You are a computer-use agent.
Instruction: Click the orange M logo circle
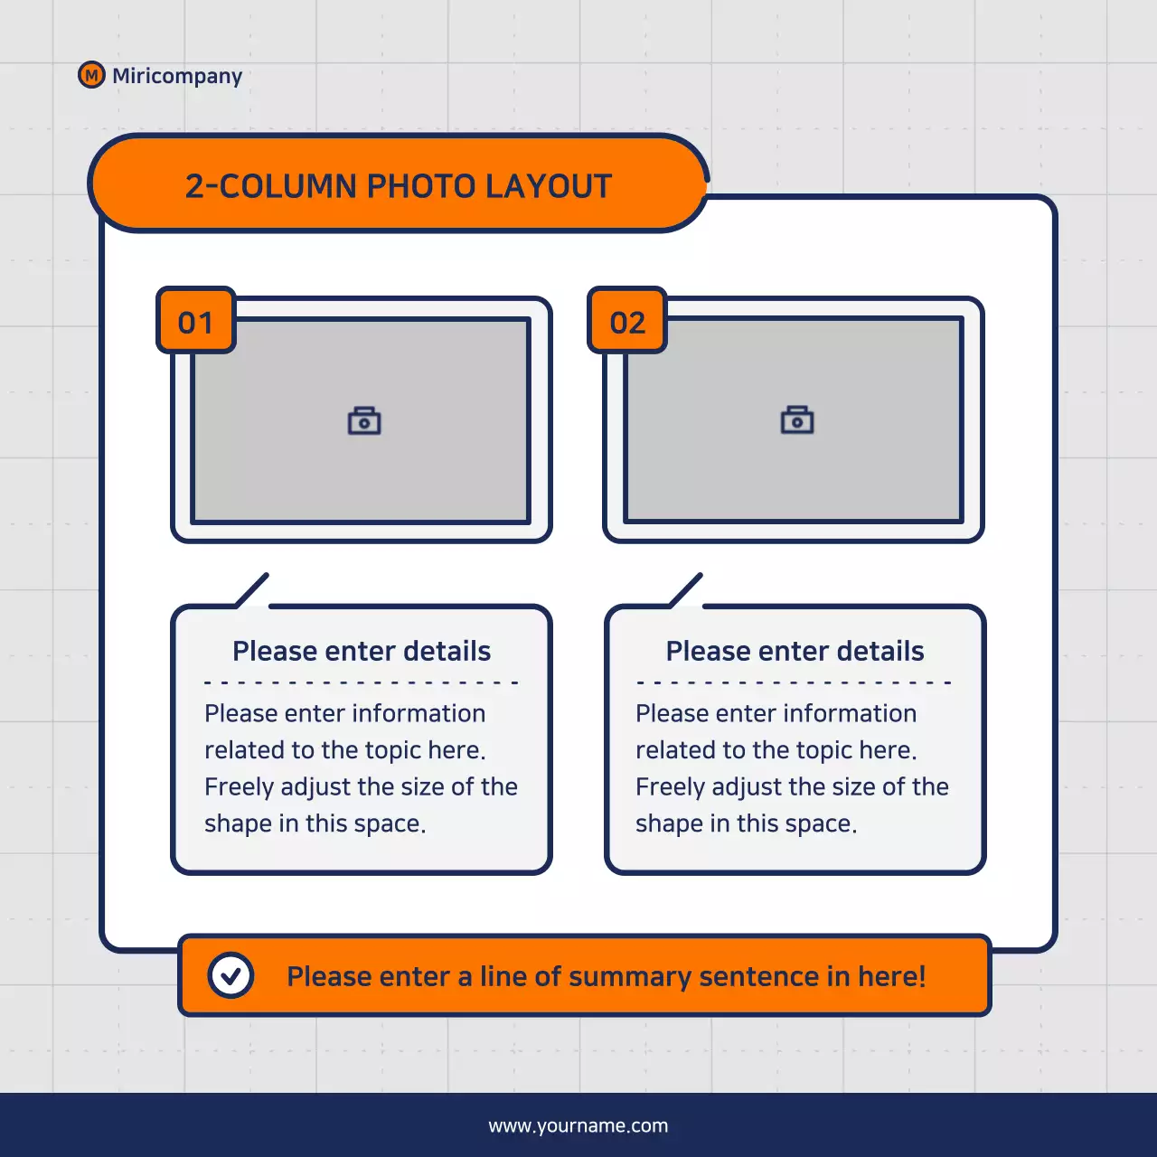(91, 75)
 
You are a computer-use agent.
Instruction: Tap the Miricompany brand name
(177, 76)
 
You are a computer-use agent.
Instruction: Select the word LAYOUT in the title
(549, 186)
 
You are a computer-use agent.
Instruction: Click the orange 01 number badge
(196, 321)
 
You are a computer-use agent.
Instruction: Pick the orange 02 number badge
(627, 321)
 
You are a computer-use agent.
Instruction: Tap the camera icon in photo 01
(364, 421)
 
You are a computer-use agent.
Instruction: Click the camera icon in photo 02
(797, 420)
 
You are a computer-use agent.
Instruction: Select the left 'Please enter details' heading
(362, 651)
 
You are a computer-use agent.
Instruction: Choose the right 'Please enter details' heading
(795, 651)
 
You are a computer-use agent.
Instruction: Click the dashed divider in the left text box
(362, 682)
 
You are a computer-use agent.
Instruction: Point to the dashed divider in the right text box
(795, 682)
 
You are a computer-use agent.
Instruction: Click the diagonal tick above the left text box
(252, 589)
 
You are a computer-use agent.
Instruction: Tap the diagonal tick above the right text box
(686, 589)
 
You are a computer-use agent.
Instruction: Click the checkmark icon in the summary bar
(230, 975)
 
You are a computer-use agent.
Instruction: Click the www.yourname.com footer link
(578, 1126)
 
